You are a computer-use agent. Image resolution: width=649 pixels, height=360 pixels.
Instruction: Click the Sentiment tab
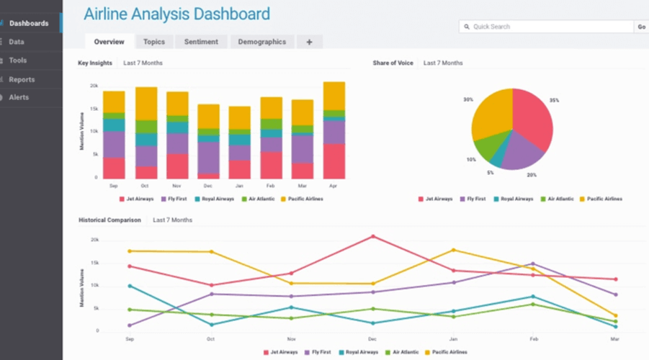pos(201,42)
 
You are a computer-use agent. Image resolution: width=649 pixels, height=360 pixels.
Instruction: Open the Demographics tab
pos(261,42)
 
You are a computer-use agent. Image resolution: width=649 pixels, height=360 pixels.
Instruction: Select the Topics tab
pos(153,42)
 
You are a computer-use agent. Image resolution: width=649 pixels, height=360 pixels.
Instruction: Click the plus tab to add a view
pos(309,42)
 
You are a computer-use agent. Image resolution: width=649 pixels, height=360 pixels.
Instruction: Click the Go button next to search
pos(641,27)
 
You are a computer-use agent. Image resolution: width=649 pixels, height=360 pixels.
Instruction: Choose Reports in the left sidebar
pos(22,79)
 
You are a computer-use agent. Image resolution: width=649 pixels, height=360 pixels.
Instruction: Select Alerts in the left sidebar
pos(19,97)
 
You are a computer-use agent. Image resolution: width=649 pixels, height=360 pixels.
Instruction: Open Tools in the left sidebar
pos(18,60)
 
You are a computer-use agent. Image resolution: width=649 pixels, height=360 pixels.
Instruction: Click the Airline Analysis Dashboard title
pos(176,14)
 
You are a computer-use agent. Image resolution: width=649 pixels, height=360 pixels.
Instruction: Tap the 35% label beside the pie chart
pos(554,100)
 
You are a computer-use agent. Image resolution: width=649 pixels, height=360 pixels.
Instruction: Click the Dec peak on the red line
pos(372,236)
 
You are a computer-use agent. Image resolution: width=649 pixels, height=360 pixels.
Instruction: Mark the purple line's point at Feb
pos(532,264)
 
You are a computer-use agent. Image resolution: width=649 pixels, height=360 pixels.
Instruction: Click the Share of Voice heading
pos(393,63)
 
